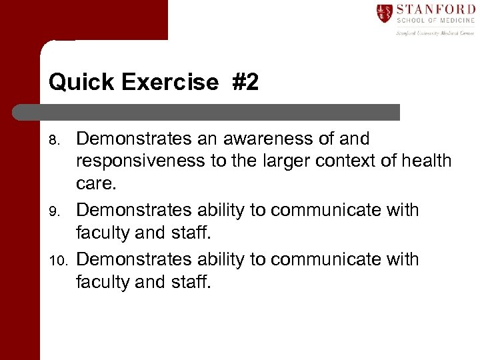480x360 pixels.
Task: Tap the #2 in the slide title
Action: (x=245, y=83)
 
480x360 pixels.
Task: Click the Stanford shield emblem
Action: (x=384, y=13)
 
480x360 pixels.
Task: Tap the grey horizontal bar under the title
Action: (x=207, y=112)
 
